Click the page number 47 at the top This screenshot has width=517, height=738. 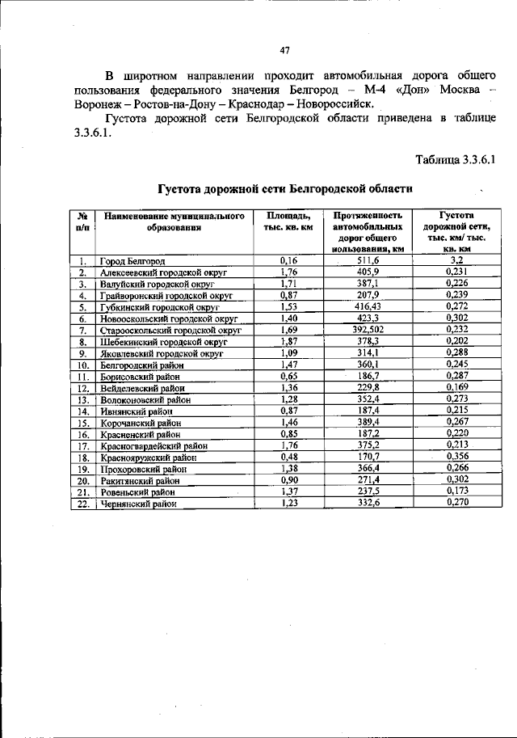284,51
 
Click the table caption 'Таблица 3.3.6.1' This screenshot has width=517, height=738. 454,158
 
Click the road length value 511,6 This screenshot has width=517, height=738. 368,261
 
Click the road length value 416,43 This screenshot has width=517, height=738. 368,307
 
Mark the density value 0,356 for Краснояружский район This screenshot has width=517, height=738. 456,457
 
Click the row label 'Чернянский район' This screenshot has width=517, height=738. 138,504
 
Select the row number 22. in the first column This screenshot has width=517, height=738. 82,504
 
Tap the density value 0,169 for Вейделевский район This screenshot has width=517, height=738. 456,388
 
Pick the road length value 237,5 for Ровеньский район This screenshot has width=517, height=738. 368,491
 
